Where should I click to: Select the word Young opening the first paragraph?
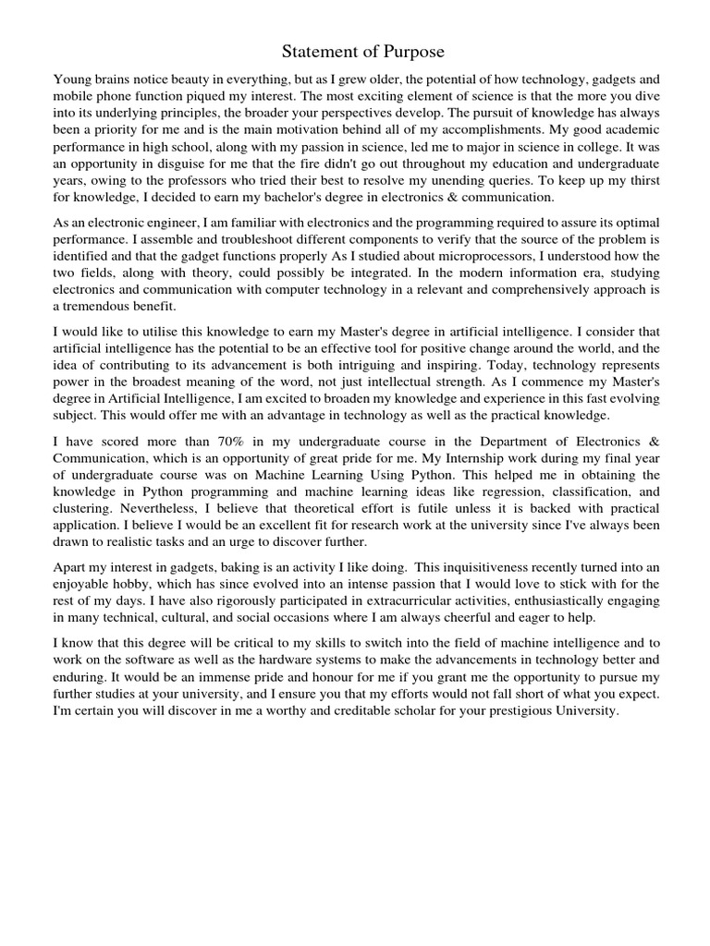coord(73,79)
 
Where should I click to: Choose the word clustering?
coord(83,509)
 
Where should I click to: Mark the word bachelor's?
coord(275,197)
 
